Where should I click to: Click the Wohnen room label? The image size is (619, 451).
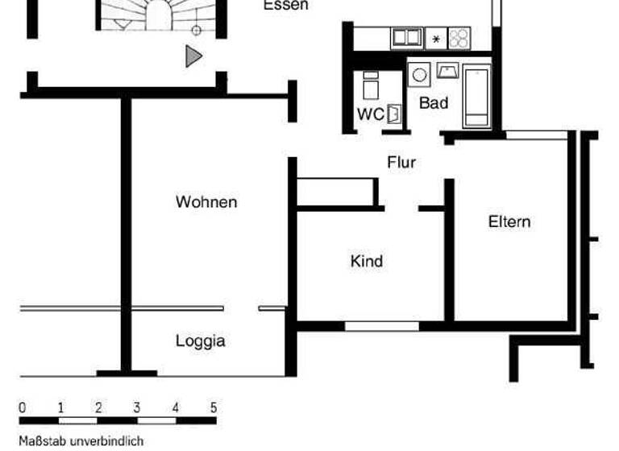pyautogui.click(x=206, y=201)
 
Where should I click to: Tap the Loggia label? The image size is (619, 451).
pyautogui.click(x=200, y=341)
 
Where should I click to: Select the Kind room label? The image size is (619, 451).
pyautogui.click(x=366, y=261)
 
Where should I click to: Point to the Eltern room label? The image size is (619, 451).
pyautogui.click(x=509, y=221)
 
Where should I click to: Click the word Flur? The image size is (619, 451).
pyautogui.click(x=401, y=163)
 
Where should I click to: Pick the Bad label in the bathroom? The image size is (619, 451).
pyautogui.click(x=434, y=103)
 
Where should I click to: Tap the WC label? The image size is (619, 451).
pyautogui.click(x=371, y=114)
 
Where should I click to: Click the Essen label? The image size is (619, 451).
pyautogui.click(x=286, y=6)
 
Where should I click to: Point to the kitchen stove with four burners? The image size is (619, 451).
pyautogui.click(x=459, y=38)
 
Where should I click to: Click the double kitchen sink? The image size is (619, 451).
pyautogui.click(x=407, y=37)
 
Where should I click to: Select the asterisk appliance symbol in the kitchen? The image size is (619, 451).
pyautogui.click(x=436, y=39)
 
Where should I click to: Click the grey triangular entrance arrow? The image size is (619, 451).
pyautogui.click(x=193, y=56)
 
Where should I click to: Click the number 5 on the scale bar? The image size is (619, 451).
pyautogui.click(x=214, y=408)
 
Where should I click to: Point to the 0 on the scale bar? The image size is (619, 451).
pyautogui.click(x=22, y=408)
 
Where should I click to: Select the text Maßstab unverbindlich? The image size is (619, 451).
pyautogui.click(x=81, y=441)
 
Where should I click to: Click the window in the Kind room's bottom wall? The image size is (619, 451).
pyautogui.click(x=381, y=326)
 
